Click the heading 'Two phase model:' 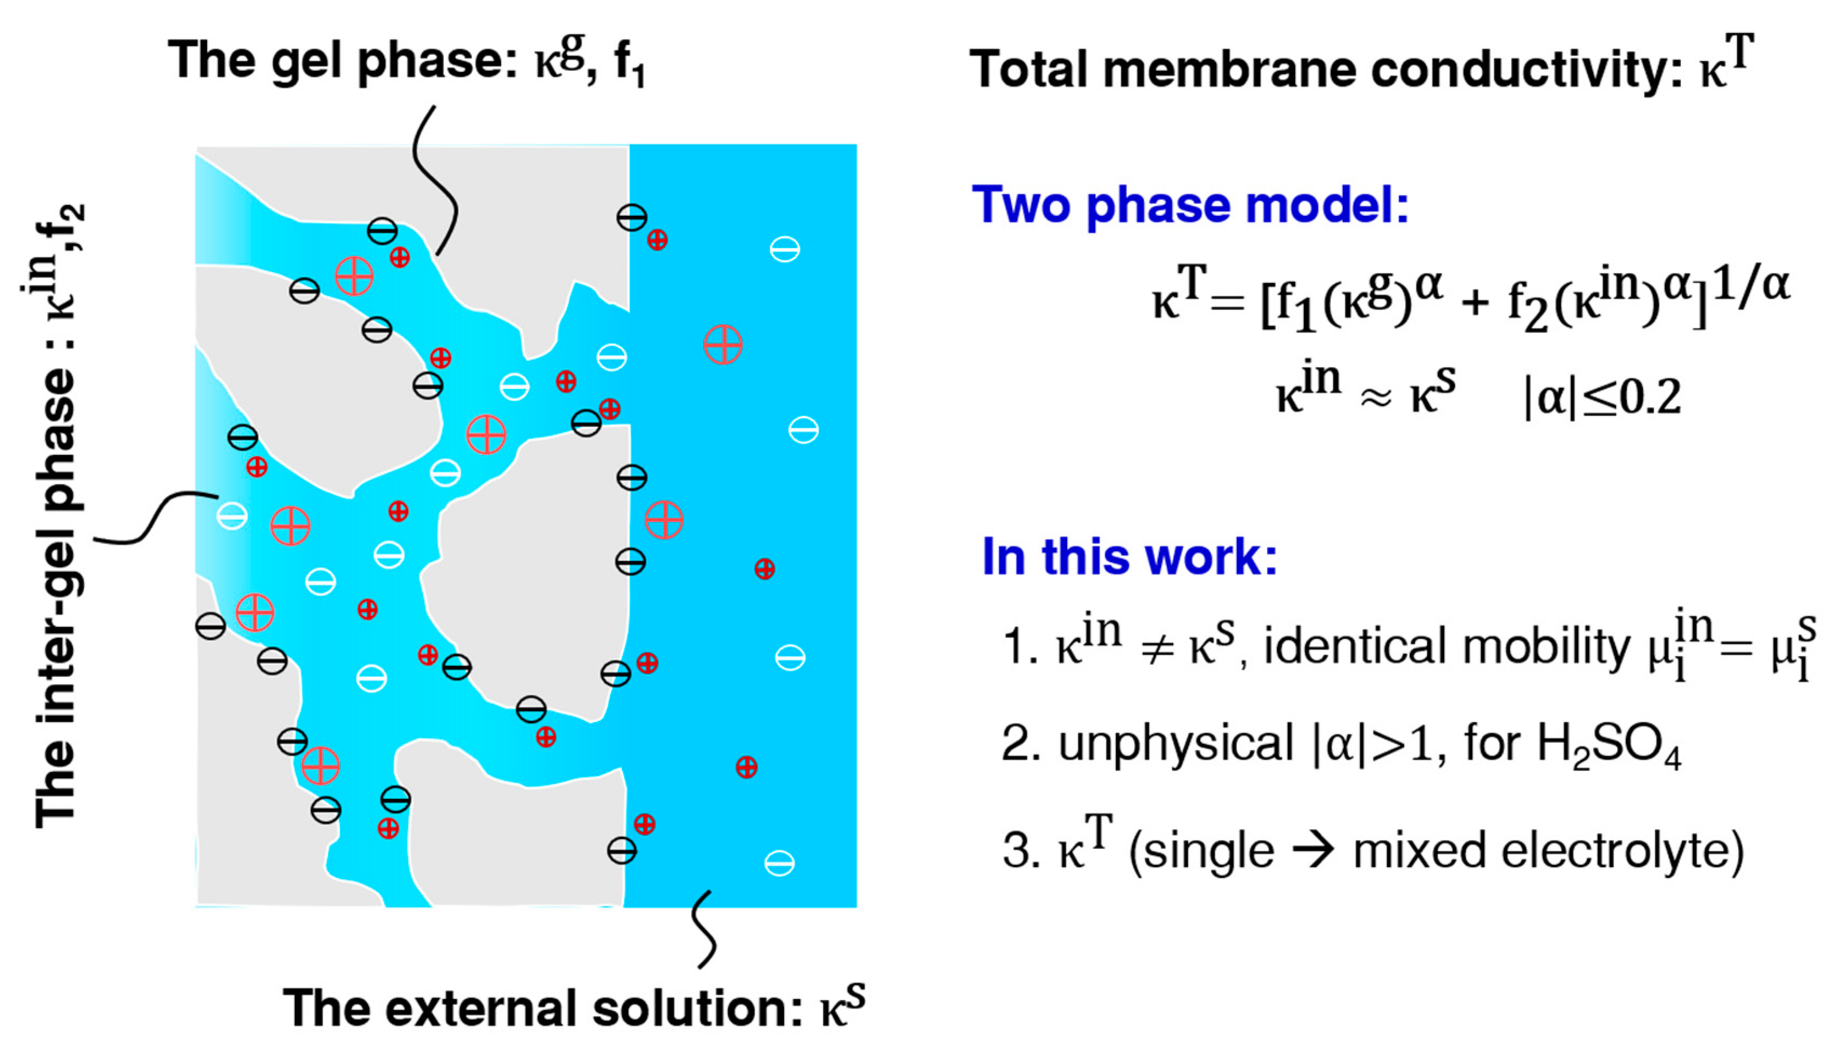[x=1190, y=206]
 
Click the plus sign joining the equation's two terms [x=1475, y=303]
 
